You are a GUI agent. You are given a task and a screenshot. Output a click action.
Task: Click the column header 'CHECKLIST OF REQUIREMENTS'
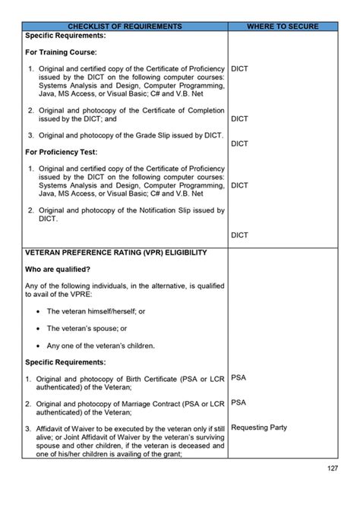click(125, 27)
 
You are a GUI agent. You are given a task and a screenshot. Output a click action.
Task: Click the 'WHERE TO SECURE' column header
click(283, 27)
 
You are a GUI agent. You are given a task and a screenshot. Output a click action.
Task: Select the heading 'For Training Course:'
click(61, 52)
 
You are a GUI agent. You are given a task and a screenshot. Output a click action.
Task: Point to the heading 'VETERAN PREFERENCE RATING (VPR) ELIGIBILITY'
click(115, 252)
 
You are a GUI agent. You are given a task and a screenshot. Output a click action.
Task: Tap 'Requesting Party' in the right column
click(259, 428)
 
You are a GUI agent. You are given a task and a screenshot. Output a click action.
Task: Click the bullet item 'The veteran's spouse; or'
click(87, 328)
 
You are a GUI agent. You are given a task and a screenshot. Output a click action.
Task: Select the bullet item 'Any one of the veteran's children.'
click(101, 346)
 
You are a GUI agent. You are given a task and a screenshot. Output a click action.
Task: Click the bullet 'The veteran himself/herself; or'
click(96, 311)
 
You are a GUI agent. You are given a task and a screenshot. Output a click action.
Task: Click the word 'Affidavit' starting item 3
click(54, 428)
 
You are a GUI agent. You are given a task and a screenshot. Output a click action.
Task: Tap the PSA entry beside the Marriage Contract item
click(238, 402)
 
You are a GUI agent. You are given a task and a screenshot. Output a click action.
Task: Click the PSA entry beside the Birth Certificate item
click(238, 377)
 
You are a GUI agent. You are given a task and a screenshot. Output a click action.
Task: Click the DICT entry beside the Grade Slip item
click(240, 144)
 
